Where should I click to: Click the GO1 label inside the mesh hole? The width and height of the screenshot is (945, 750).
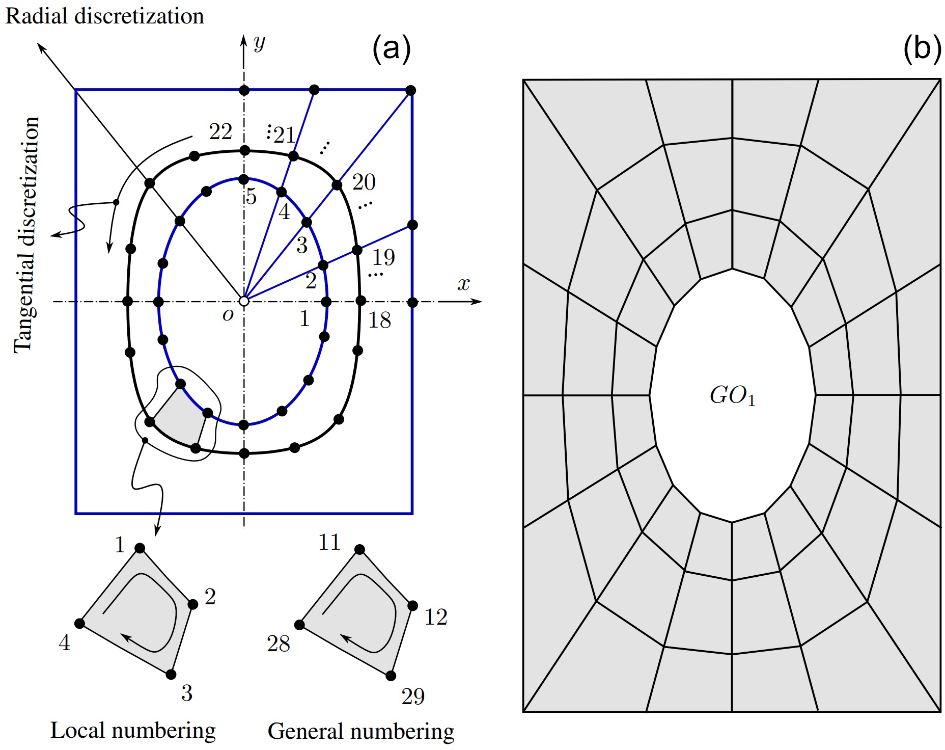(732, 396)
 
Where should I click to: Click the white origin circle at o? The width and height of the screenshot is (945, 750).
(244, 302)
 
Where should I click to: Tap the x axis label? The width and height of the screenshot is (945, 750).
(463, 284)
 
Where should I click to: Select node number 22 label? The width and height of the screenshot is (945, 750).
(220, 132)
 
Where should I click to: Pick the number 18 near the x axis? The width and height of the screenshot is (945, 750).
(379, 320)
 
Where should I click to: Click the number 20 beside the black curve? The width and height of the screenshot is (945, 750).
(364, 182)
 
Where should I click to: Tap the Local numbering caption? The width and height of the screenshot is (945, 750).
(133, 730)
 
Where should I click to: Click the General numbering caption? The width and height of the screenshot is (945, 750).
(360, 731)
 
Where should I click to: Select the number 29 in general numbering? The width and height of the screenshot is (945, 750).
(412, 697)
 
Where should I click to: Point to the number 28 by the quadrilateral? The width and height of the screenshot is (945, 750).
(278, 644)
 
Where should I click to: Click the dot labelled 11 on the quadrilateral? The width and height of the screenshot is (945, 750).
(359, 549)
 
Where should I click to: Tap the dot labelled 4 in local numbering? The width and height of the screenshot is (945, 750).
(79, 624)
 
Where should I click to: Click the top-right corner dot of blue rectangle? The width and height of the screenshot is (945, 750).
(411, 90)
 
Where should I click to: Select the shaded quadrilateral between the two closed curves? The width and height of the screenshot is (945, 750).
(178, 418)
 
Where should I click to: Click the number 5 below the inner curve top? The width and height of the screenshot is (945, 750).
(251, 197)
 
